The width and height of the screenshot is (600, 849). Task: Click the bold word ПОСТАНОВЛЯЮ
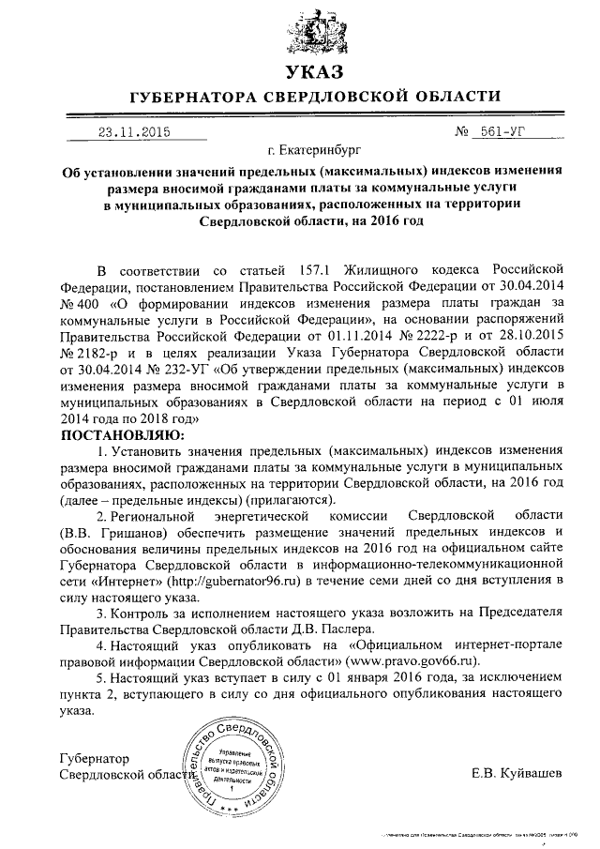pyautogui.click(x=123, y=436)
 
